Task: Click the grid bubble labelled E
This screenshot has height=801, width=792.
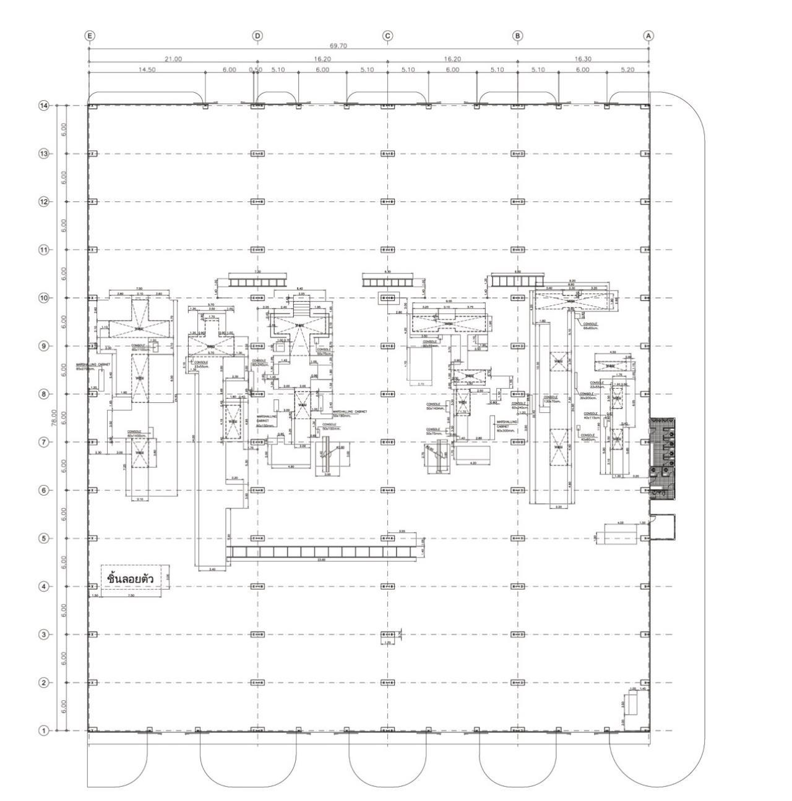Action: (90, 36)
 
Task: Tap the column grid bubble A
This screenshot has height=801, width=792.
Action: (648, 36)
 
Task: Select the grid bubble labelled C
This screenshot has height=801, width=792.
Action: (388, 36)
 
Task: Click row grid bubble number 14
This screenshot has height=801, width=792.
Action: (43, 106)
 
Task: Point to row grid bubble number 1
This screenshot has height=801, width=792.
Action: (43, 731)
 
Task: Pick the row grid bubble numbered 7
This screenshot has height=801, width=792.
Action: (43, 442)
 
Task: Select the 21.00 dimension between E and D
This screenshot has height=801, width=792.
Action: (173, 59)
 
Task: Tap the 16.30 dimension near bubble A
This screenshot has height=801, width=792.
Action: (583, 59)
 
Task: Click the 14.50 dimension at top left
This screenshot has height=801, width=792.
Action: (147, 70)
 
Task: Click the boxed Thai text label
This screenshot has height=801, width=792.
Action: (130, 578)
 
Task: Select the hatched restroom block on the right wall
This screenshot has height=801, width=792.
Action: (662, 458)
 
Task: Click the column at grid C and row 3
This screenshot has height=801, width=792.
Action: (388, 635)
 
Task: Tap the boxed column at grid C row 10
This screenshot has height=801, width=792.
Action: (388, 298)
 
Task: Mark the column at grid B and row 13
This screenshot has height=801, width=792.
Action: (518, 154)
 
